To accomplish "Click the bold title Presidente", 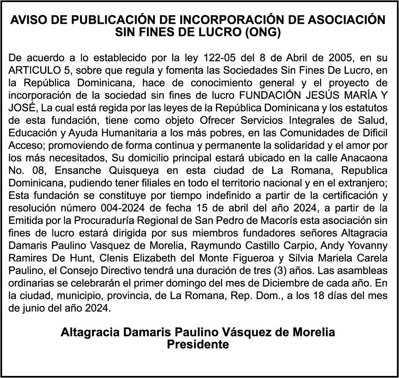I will click(198, 345).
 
